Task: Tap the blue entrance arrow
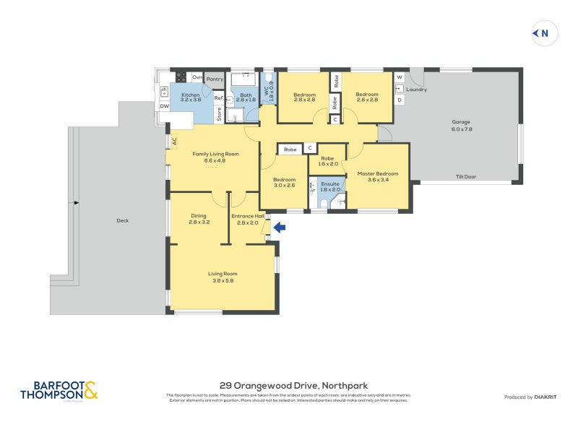point(279,228)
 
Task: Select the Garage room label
point(461,125)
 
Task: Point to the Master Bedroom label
point(378,173)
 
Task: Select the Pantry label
point(215,79)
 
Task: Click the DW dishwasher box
point(164,106)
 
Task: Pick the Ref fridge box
point(218,98)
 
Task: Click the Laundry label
point(416,90)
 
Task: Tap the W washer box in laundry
point(399,77)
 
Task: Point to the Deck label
point(122,220)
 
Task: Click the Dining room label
point(199,218)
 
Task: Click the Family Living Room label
point(215,157)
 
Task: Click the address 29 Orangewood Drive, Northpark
point(293,386)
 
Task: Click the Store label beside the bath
point(218,114)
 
